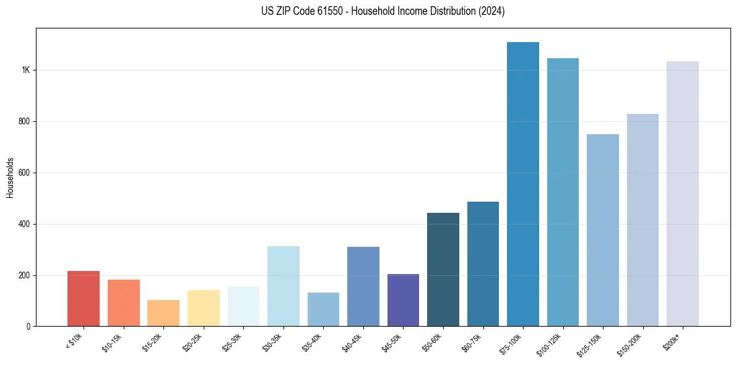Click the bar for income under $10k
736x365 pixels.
point(84,298)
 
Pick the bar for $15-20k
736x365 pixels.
point(163,313)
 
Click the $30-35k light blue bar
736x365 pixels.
point(284,286)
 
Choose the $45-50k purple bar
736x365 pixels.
point(403,300)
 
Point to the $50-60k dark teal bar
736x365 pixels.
point(443,269)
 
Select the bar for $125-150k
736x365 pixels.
point(603,230)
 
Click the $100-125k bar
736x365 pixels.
point(563,192)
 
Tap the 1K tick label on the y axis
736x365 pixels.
point(26,70)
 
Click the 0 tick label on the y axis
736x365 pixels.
point(28,326)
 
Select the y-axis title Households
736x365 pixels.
point(10,178)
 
